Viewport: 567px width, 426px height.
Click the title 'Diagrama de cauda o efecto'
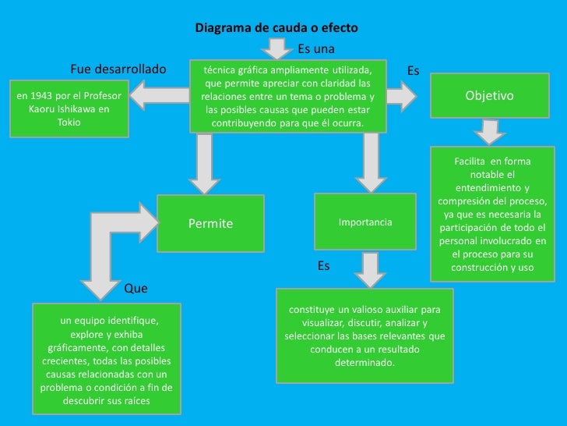pos(276,28)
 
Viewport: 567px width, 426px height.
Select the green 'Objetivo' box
pos(489,95)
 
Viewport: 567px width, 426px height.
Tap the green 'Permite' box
pos(210,224)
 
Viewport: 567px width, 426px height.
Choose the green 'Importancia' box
pos(365,222)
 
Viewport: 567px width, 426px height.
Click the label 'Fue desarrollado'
pos(118,69)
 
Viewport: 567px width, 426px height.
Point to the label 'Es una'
pos(316,49)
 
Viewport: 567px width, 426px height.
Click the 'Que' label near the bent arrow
pos(136,289)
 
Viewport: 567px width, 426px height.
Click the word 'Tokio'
pos(69,122)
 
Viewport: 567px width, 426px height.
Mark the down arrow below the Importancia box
pos(370,270)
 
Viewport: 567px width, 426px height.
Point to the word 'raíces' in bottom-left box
pos(132,401)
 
